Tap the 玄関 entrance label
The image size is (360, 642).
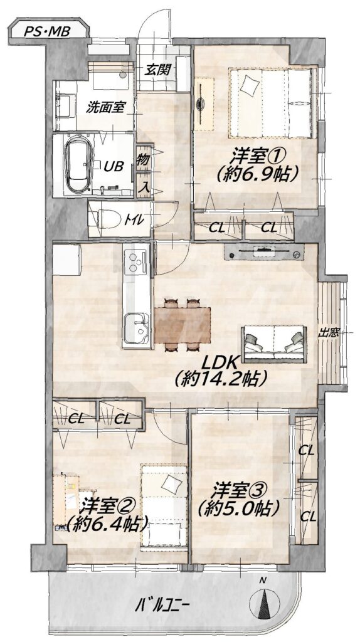coord(157,70)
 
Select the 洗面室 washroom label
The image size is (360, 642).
coord(105,108)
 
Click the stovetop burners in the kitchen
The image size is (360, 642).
coord(136,263)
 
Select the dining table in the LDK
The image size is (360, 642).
coord(183,325)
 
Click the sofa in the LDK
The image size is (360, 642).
coord(274,344)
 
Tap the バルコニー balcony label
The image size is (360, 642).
coord(162,604)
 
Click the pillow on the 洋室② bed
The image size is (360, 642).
coord(172,485)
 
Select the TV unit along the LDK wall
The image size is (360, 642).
coord(264,252)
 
